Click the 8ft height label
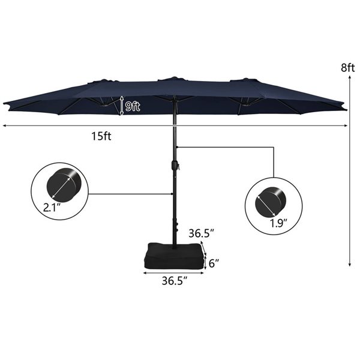(x=349, y=68)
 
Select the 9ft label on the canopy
(x=133, y=107)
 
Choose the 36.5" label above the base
(x=201, y=233)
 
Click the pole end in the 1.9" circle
(x=269, y=202)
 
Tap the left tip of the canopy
(x=5, y=104)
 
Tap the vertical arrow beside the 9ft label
(x=121, y=105)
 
